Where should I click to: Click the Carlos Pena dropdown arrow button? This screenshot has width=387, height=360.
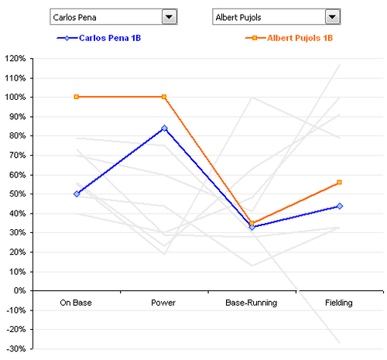168,17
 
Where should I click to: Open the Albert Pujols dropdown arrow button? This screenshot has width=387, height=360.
331,17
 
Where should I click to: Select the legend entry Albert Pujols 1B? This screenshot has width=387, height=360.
305,37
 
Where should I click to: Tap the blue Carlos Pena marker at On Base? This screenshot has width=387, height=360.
77,194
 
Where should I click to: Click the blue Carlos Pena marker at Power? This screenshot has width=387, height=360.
164,128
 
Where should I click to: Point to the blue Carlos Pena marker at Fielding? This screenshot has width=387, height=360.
340,206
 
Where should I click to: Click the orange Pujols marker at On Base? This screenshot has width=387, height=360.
77,97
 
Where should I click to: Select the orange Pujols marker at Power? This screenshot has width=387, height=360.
164,97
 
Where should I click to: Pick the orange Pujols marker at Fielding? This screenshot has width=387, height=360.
340,183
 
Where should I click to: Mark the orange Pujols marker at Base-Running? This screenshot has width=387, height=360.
252,223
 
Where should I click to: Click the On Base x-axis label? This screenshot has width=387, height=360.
77,300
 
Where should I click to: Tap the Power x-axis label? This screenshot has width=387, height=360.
164,300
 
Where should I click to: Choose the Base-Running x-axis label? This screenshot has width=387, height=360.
252,300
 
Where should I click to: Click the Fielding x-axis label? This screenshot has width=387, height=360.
340,300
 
